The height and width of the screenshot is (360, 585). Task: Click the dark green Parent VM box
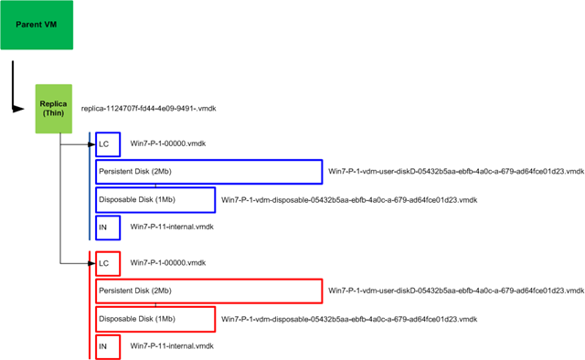(37, 25)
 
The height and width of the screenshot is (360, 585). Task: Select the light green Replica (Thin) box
(54, 109)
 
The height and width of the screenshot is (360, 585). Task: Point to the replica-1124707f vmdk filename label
(148, 109)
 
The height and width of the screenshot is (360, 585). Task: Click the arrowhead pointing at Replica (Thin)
(18, 109)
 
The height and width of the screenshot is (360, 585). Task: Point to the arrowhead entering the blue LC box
(91, 144)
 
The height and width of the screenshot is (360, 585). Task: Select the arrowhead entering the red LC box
(91, 263)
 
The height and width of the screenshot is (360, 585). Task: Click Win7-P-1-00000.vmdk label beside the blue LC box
(168, 143)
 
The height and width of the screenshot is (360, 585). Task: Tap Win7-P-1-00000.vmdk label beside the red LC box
(168, 263)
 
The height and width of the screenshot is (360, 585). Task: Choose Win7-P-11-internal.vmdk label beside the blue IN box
(172, 227)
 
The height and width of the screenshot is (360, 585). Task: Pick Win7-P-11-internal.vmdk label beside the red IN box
(172, 346)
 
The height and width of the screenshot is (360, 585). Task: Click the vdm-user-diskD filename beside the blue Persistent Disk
(456, 172)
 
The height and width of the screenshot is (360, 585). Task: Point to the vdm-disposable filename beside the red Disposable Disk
(349, 319)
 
